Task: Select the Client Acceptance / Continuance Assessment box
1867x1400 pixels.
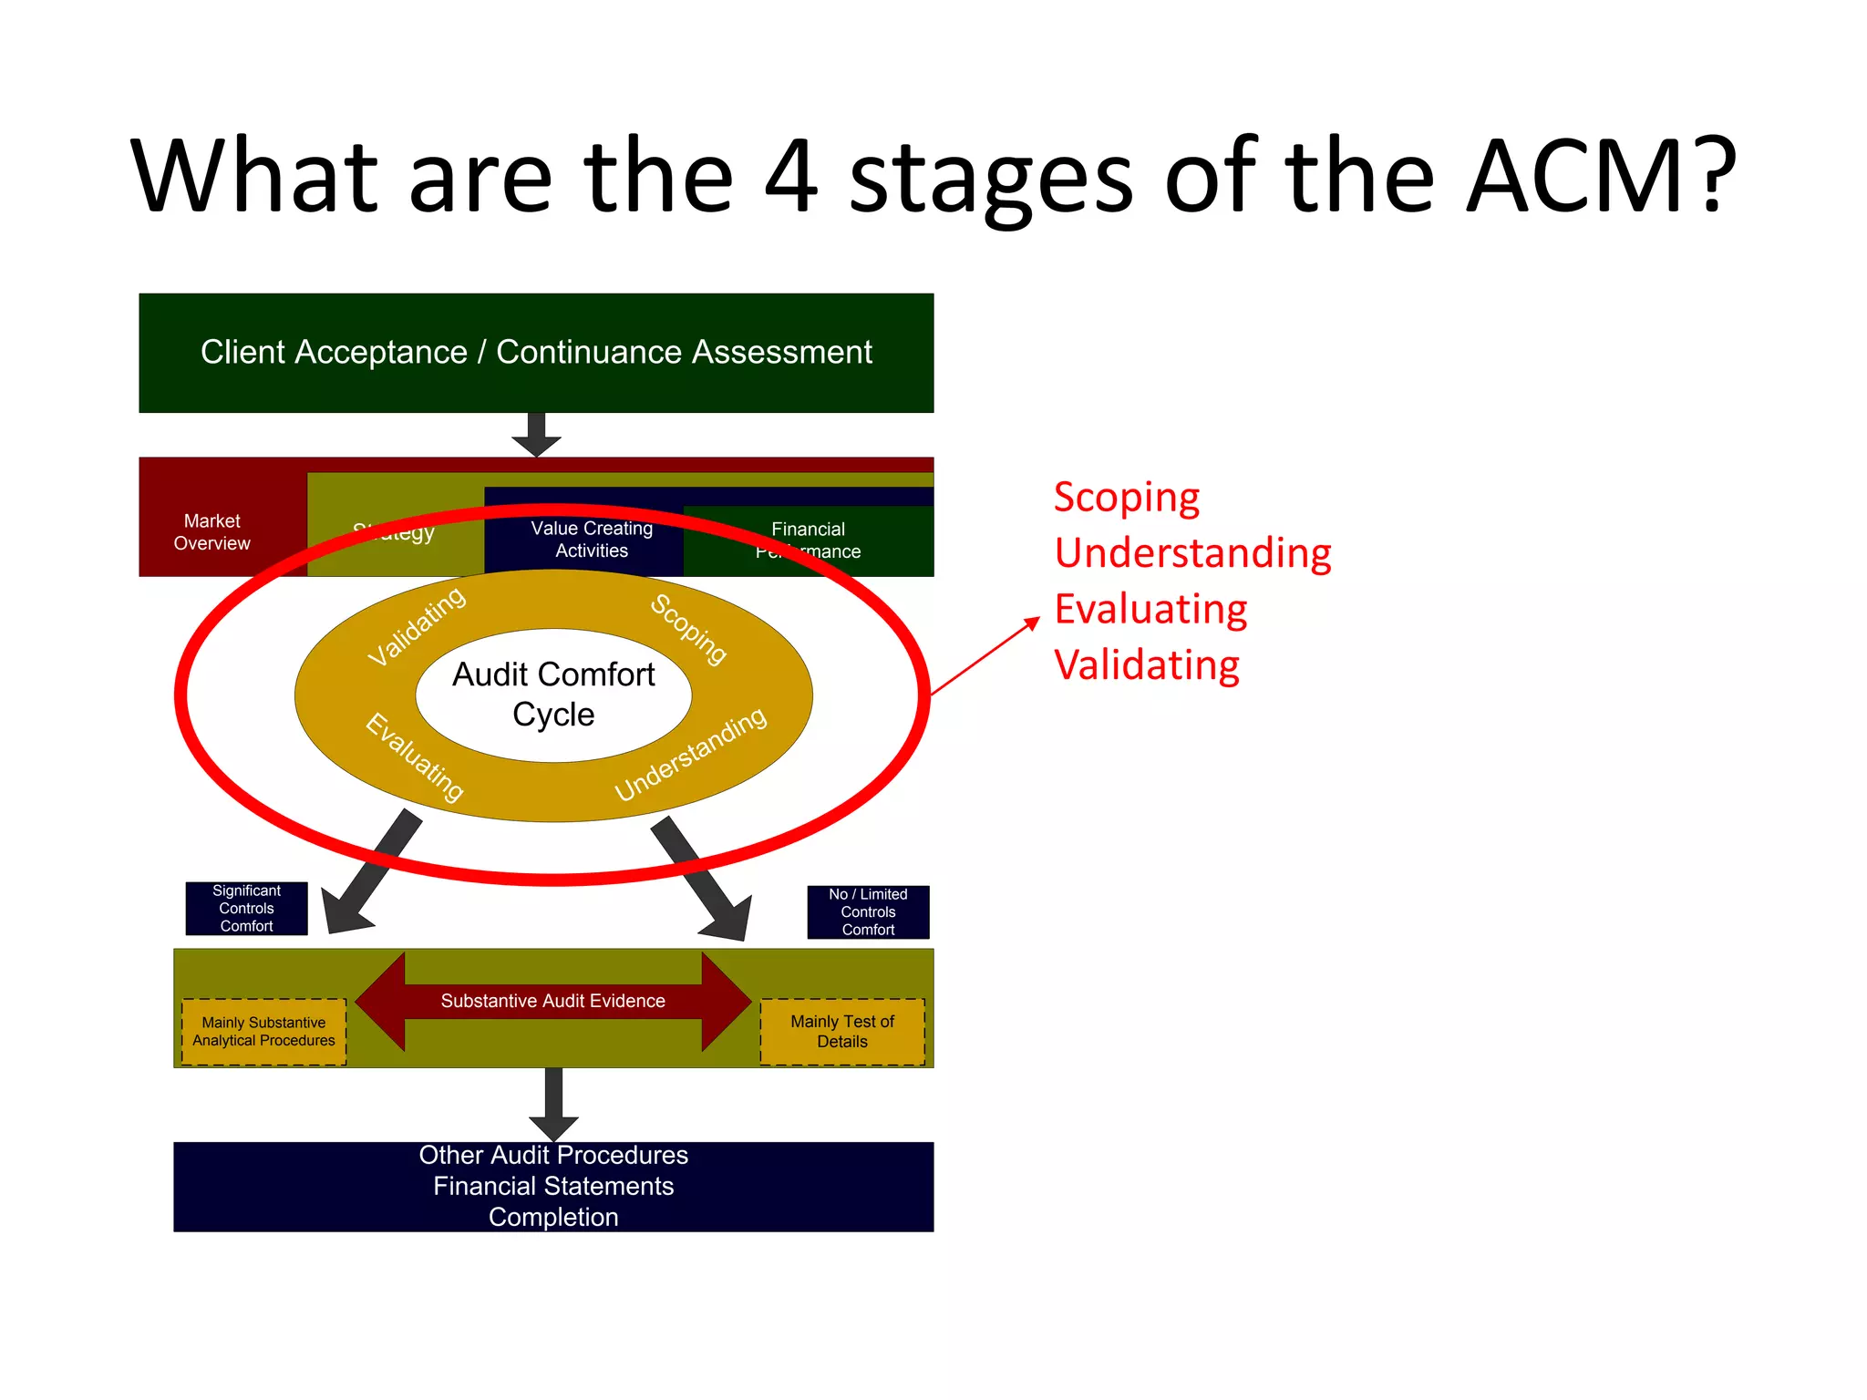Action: point(536,353)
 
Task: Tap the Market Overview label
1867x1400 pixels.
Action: point(211,532)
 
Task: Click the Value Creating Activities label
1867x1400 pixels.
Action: point(592,540)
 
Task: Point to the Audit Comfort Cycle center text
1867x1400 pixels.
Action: point(553,695)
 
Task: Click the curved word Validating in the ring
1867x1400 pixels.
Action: point(417,627)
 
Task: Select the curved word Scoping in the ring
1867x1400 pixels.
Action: point(688,630)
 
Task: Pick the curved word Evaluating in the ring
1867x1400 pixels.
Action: point(415,757)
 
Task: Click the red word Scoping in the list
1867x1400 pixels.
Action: point(1126,499)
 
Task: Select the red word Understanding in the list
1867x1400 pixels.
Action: point(1192,554)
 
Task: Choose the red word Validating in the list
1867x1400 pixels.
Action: point(1146,665)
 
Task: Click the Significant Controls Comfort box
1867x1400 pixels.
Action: point(246,909)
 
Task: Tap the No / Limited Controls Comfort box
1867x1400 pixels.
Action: point(868,912)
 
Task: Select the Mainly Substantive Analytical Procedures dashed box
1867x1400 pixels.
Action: point(263,1032)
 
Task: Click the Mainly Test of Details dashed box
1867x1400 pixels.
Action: point(842,1032)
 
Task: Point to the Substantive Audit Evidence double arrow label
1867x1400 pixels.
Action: point(552,1001)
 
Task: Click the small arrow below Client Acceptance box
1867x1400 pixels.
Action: point(536,435)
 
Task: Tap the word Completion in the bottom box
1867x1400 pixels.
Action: point(553,1217)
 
